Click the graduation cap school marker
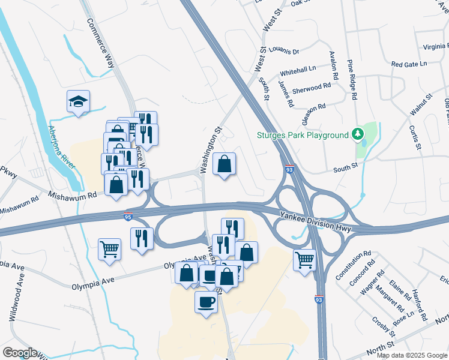pyautogui.click(x=79, y=103)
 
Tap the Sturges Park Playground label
pyautogui.click(x=303, y=135)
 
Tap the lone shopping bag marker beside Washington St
pyautogui.click(x=224, y=164)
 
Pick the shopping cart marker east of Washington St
pyautogui.click(x=305, y=260)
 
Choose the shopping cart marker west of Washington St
pyautogui.click(x=110, y=249)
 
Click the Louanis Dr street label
pyautogui.click(x=284, y=52)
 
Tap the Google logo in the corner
pyautogui.click(x=20, y=353)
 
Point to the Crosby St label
pyautogui.click(x=384, y=327)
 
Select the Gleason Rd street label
pyautogui.click(x=313, y=112)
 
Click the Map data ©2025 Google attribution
pyautogui.click(x=412, y=355)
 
